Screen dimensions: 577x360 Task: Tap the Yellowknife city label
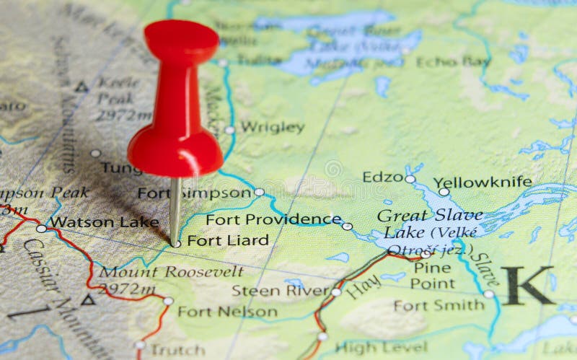493,182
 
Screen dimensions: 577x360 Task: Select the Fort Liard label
227,240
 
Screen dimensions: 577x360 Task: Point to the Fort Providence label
273,219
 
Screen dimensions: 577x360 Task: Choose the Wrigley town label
272,127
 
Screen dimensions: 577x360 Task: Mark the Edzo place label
382,177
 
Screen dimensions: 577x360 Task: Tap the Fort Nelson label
227,312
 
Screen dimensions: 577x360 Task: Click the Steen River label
280,291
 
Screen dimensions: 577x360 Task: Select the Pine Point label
433,276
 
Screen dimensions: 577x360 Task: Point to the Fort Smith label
439,305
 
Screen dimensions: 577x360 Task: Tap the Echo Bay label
453,61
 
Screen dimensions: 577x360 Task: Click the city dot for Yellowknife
444,192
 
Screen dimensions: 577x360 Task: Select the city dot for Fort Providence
347,226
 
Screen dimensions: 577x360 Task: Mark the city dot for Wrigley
229,130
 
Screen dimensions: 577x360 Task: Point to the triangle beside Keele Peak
82,87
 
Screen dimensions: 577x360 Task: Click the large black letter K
528,285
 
